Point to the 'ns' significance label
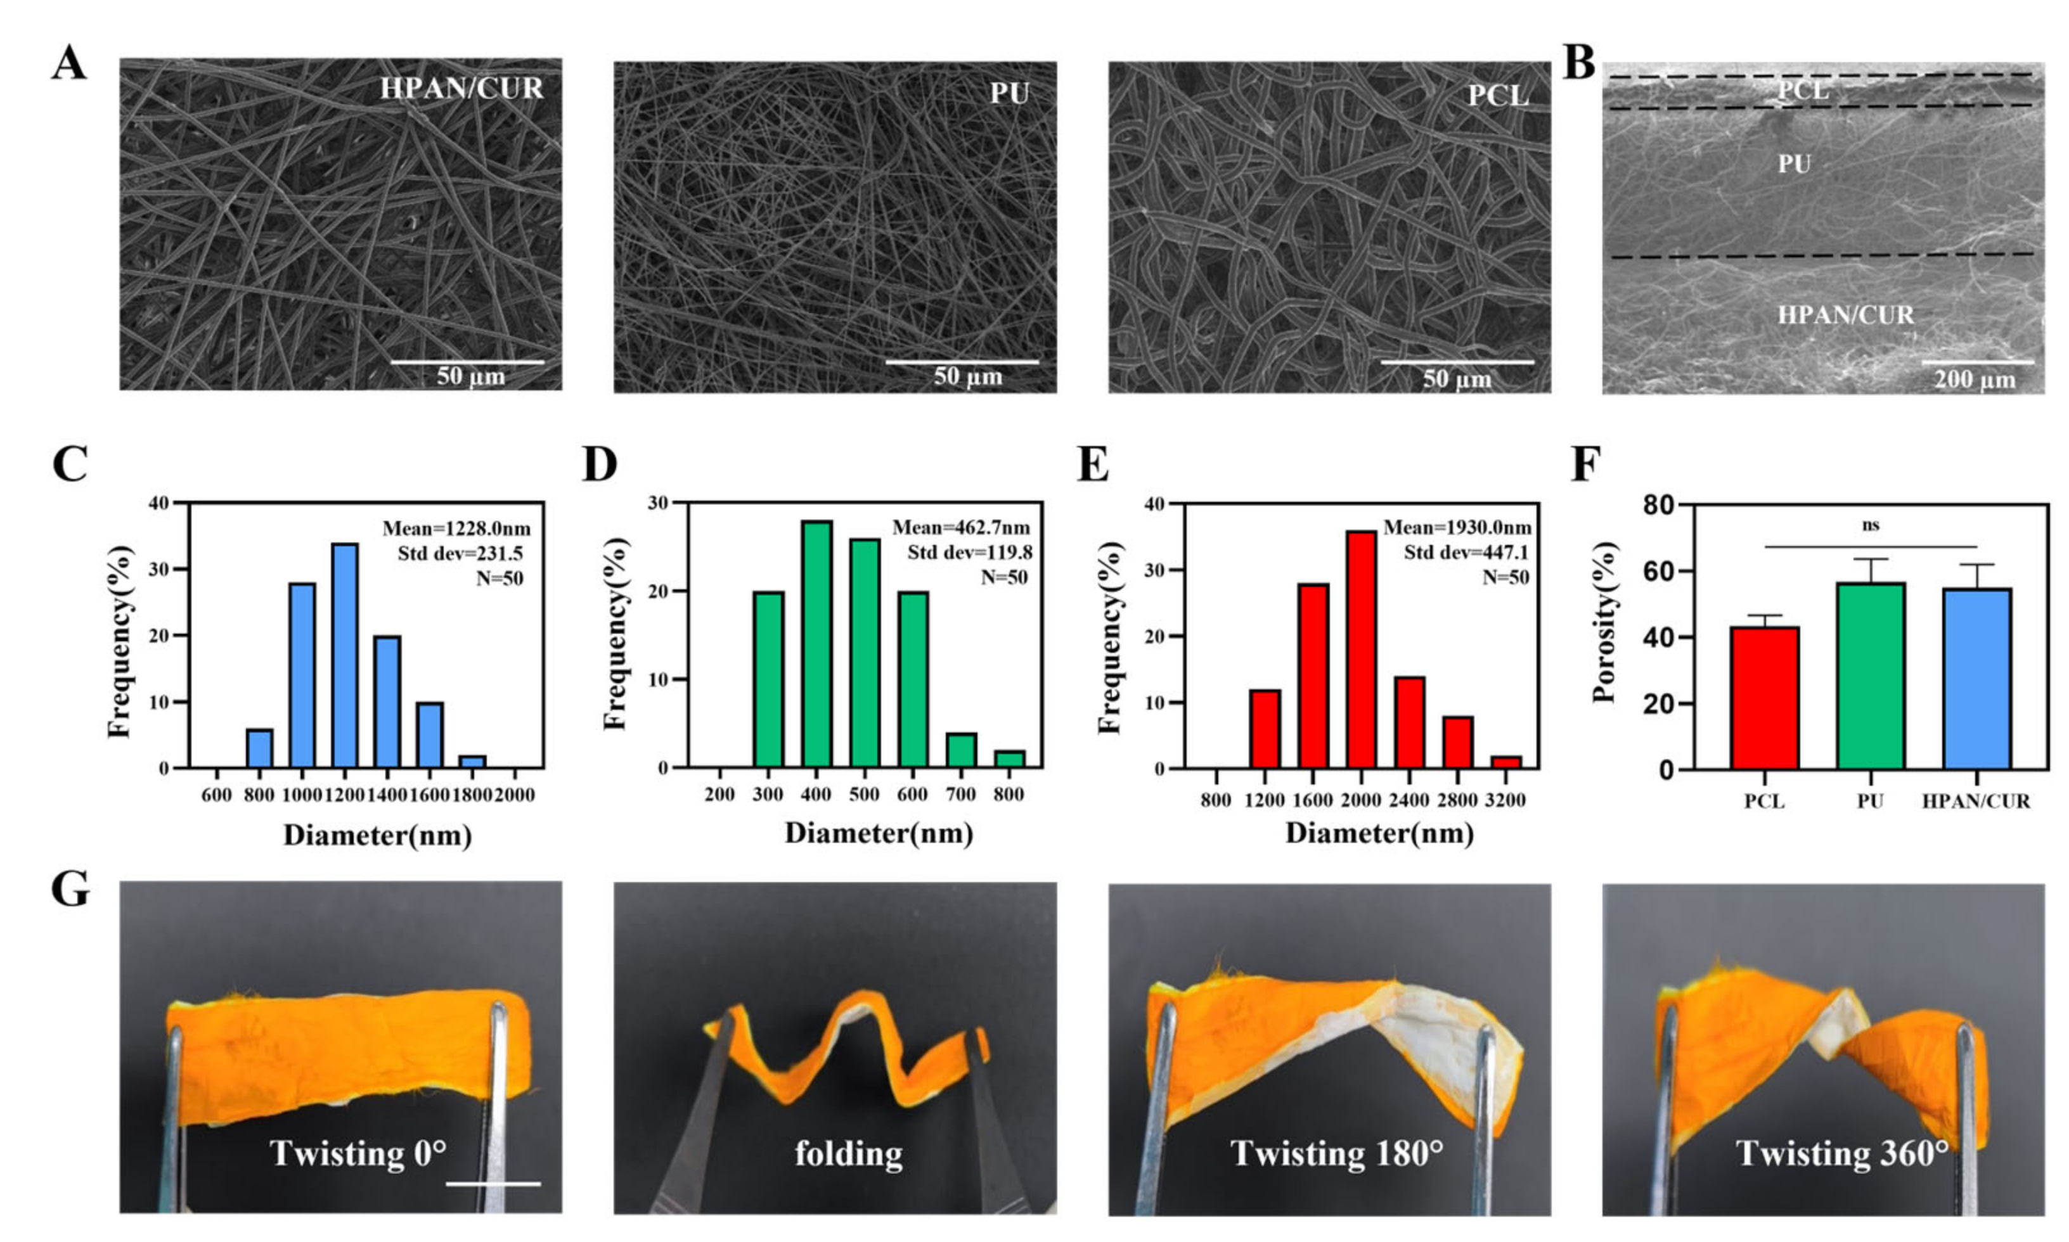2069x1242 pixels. (1871, 525)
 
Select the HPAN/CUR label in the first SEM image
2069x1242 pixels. (461, 89)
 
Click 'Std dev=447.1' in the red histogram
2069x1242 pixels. (1467, 553)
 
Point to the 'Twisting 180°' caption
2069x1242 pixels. (1337, 1153)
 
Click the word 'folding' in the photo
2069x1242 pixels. (849, 1153)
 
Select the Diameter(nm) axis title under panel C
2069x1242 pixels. (377, 835)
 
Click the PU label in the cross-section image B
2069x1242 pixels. (1794, 164)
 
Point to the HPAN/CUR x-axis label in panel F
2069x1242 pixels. (1975, 802)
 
